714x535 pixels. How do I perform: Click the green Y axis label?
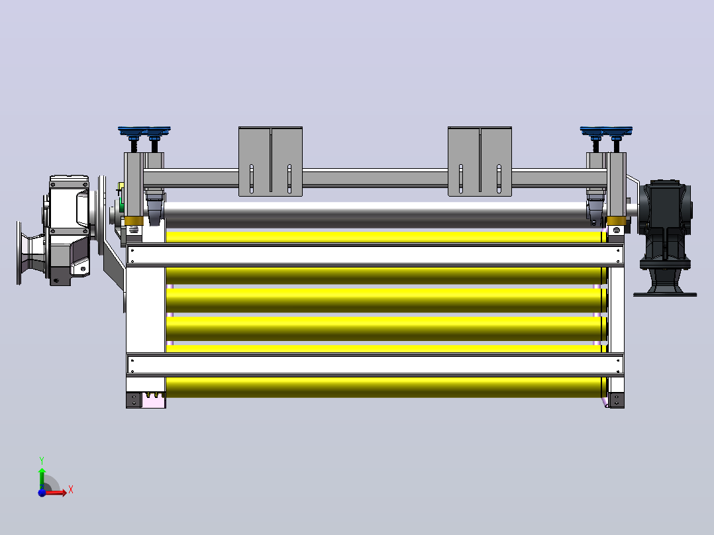[x=42, y=461]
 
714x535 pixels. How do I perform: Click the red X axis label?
[x=71, y=490]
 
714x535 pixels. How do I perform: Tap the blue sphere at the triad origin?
[x=42, y=493]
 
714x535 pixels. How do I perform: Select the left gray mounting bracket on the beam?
[x=270, y=162]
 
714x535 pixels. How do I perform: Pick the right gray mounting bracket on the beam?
[x=480, y=162]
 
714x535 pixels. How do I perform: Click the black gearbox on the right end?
[x=665, y=228]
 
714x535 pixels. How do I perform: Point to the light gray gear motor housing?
[x=68, y=230]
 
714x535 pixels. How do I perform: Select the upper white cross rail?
[x=375, y=255]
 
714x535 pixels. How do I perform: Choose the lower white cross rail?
[x=375, y=364]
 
